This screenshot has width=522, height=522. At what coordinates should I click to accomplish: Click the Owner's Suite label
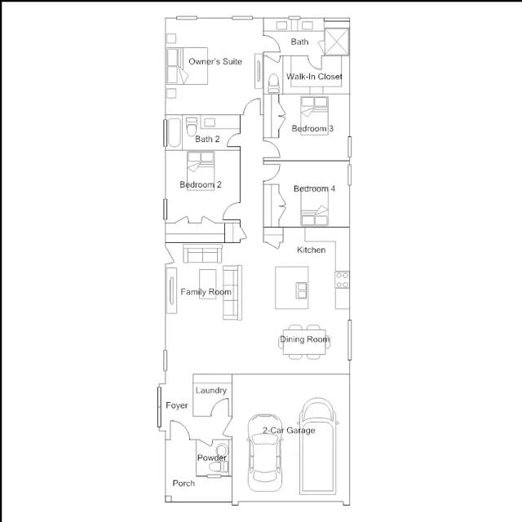(x=215, y=62)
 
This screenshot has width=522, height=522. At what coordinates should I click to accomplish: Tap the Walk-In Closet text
(x=314, y=77)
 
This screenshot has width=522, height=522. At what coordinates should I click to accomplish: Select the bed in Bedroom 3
(x=314, y=116)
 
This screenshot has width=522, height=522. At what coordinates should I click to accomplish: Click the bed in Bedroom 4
(x=315, y=207)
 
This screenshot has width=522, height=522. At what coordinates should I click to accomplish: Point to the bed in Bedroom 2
(x=201, y=170)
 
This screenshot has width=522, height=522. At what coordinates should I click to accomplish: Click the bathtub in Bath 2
(x=174, y=132)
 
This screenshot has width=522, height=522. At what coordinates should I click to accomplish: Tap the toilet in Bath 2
(x=192, y=126)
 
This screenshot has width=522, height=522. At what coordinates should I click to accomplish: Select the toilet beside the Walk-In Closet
(x=273, y=83)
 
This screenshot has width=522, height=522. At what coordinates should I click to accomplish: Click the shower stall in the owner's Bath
(x=337, y=42)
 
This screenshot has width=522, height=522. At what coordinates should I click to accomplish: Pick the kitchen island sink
(x=302, y=290)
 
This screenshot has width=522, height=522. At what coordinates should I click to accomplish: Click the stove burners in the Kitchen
(x=342, y=280)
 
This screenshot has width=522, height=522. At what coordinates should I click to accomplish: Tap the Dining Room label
(x=304, y=339)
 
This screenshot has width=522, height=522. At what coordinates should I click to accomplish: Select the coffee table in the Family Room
(x=207, y=284)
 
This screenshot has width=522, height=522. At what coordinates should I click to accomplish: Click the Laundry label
(x=211, y=391)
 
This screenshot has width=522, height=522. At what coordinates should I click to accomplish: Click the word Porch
(x=184, y=484)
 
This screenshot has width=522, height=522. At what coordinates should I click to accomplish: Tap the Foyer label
(x=177, y=405)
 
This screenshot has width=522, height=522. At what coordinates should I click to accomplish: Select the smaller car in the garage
(x=264, y=453)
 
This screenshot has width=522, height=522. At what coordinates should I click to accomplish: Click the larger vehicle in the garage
(x=318, y=446)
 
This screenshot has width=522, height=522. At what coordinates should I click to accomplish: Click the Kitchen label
(x=312, y=250)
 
